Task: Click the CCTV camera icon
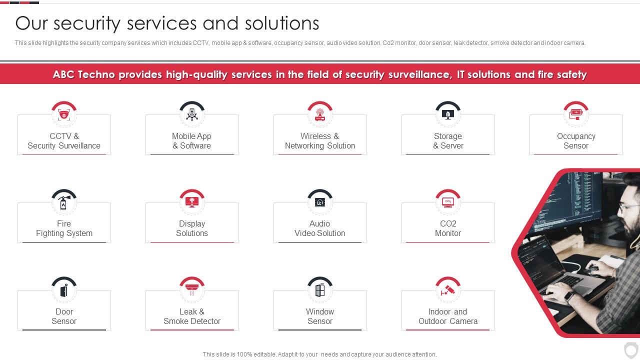[x=64, y=114]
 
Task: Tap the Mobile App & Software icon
[x=192, y=114]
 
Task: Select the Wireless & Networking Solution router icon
[x=320, y=114]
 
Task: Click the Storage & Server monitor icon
[x=448, y=114]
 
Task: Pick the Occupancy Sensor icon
[x=576, y=114]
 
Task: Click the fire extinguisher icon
[x=64, y=202]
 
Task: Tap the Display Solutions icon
[x=192, y=202]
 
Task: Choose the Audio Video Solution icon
[x=320, y=202]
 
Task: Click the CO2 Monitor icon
[x=448, y=202]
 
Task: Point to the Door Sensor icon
[x=64, y=290]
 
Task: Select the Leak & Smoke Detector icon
[x=192, y=290]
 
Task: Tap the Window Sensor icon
[x=320, y=290]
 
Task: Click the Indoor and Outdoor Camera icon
[x=448, y=290]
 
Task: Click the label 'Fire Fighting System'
[x=64, y=228]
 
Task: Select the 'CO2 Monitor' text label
[x=448, y=228]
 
